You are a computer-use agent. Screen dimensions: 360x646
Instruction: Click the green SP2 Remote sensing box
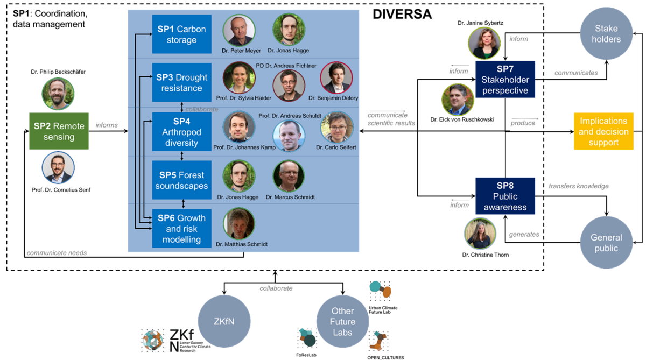click(59, 131)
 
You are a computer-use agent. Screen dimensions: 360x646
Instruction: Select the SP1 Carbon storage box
click(181, 34)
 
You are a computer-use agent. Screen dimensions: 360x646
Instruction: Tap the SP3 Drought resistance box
click(181, 82)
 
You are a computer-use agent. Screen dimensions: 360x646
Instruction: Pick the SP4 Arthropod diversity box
click(181, 131)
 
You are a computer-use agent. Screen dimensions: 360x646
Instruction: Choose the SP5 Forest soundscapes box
click(181, 180)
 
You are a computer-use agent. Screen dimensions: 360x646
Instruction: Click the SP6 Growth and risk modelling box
click(181, 228)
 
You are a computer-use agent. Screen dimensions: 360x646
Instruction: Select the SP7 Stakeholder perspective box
click(505, 79)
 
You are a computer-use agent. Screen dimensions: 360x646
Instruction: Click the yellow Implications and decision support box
click(603, 131)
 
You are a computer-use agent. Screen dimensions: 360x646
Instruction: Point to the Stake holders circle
click(607, 33)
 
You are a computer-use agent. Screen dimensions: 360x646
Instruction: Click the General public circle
click(606, 243)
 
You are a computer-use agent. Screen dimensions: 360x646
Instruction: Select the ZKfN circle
click(224, 321)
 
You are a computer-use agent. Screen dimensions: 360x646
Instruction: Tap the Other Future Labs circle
click(342, 321)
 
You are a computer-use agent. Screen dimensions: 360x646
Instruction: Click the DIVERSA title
click(402, 15)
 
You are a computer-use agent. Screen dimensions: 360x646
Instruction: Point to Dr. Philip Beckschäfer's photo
click(58, 94)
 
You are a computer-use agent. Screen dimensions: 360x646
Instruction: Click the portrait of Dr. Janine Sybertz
click(484, 43)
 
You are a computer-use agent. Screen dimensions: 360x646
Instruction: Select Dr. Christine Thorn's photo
click(480, 234)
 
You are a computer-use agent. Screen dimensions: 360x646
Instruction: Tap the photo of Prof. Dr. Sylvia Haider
click(238, 79)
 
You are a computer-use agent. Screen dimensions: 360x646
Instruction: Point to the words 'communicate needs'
click(57, 252)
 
